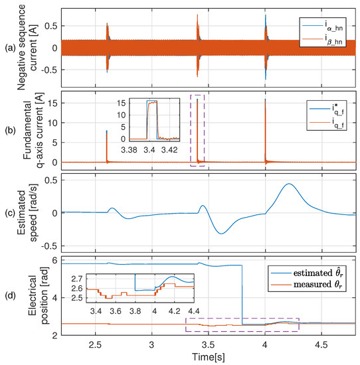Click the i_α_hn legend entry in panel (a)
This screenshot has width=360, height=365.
point(325,28)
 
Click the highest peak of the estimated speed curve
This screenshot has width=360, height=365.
point(288,184)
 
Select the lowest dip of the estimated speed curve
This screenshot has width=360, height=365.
point(222,234)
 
